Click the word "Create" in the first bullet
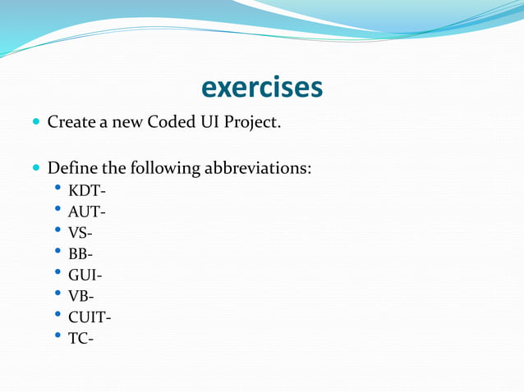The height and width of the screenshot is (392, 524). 71,123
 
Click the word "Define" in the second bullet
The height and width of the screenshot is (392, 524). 72,169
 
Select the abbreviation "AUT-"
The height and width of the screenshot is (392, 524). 87,213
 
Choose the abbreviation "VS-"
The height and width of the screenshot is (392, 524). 80,234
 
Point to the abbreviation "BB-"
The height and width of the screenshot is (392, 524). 80,254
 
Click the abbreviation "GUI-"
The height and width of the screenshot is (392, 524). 85,276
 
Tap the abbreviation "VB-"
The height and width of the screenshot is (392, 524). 80,296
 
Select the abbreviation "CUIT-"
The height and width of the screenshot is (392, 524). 90,317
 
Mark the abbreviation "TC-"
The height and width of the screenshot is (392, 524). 80,338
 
